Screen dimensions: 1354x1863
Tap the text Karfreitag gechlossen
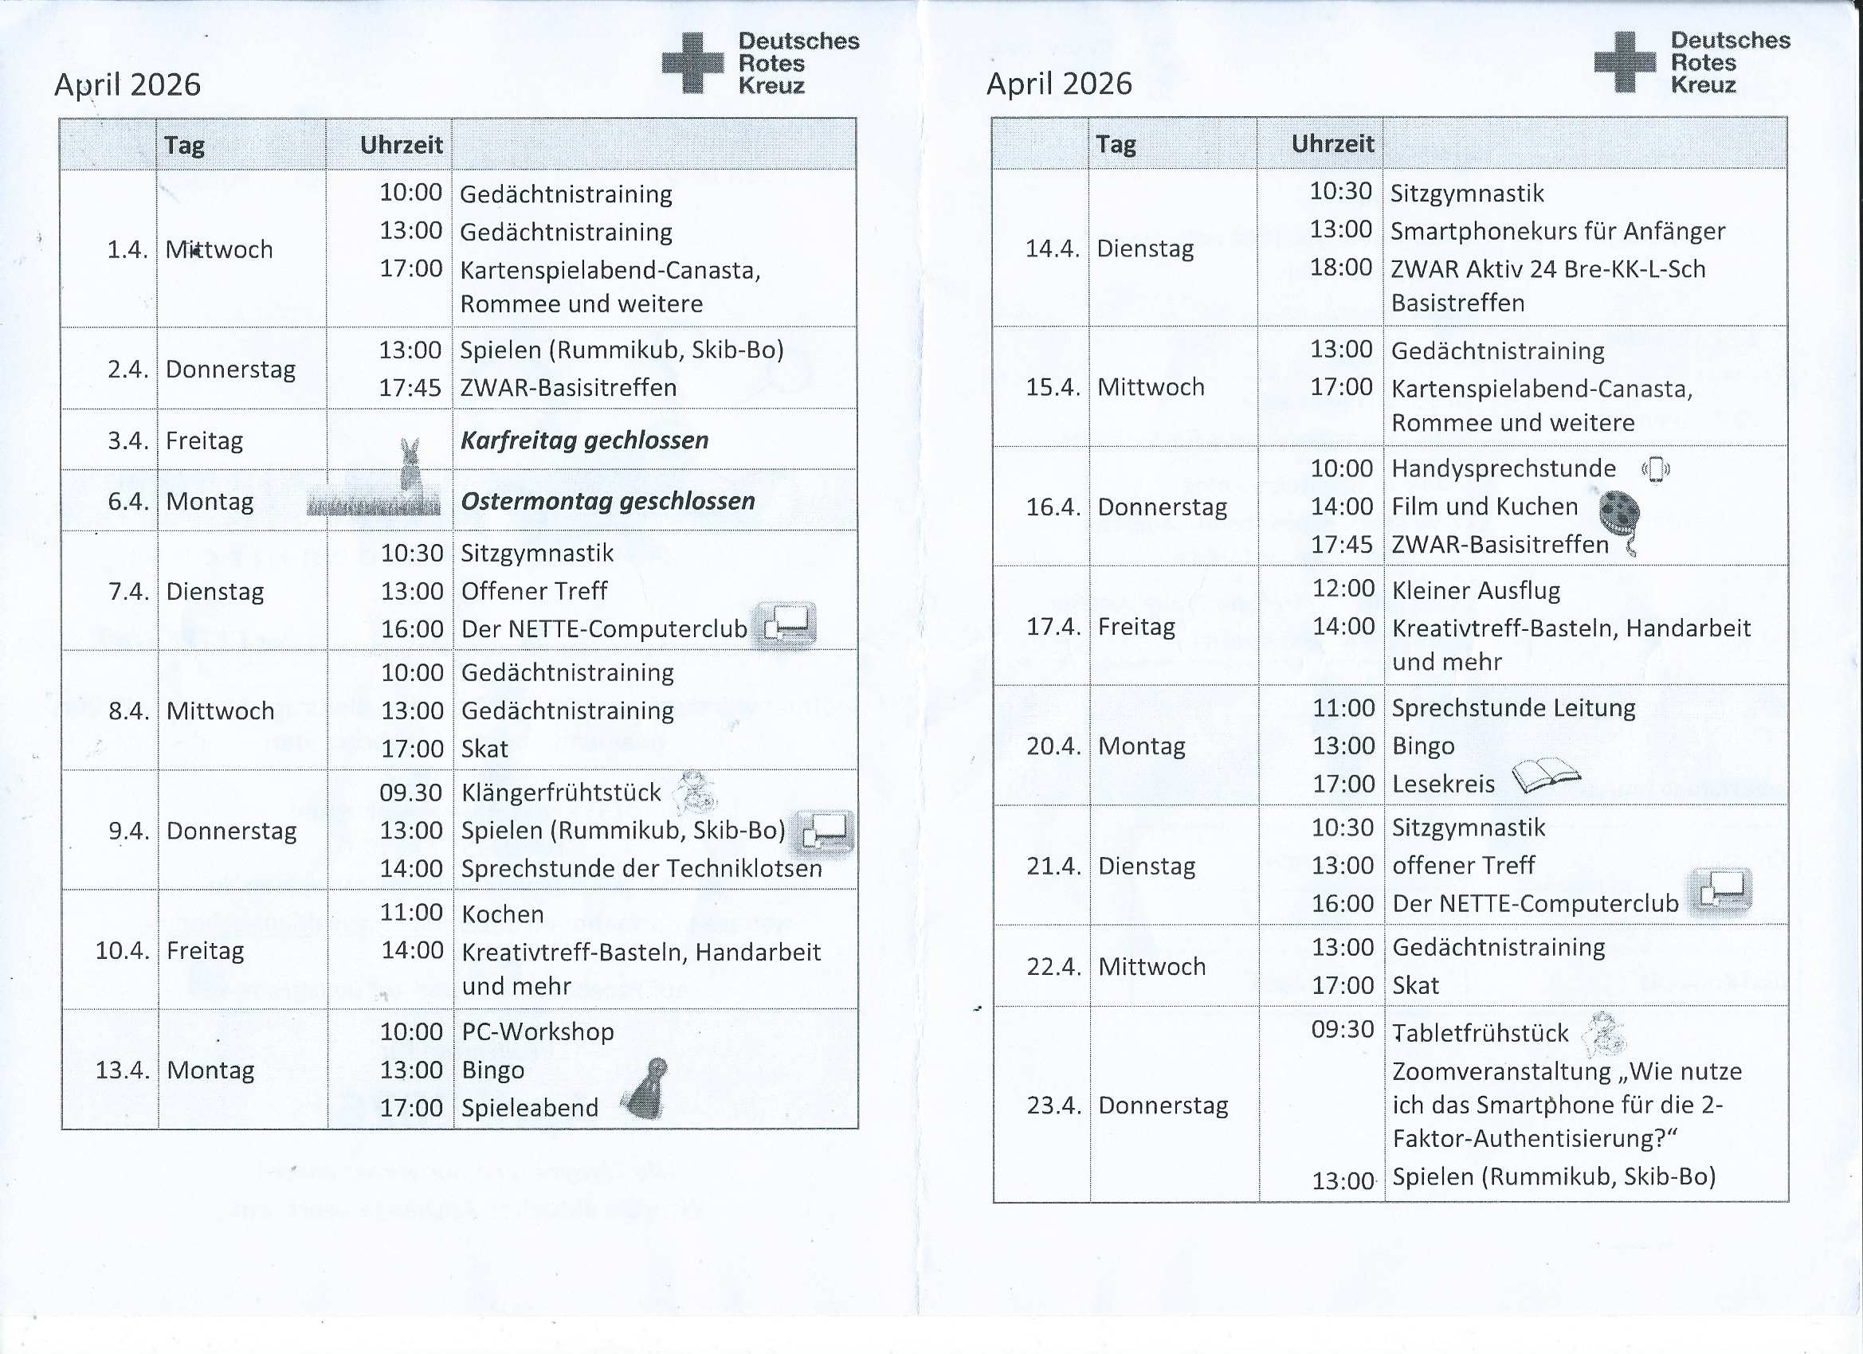tap(584, 440)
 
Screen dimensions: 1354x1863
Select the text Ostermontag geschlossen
tap(607, 501)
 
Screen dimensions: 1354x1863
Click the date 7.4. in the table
tap(129, 591)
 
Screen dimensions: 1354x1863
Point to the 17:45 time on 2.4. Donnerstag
tap(410, 388)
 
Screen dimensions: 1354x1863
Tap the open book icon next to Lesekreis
tap(1545, 775)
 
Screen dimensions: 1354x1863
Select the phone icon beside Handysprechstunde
tap(1655, 470)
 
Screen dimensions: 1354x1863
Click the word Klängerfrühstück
tap(561, 792)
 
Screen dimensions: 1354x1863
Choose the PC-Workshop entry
tap(537, 1031)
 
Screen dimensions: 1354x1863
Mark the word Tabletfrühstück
tap(1481, 1033)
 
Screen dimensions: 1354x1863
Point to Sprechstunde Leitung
tap(1513, 708)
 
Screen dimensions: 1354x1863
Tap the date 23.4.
tap(1053, 1106)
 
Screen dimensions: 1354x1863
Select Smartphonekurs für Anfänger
tap(1558, 232)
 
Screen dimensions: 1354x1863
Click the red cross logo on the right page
tap(1624, 61)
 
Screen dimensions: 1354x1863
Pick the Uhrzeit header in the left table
tap(401, 145)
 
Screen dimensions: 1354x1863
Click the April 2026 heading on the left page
tap(127, 84)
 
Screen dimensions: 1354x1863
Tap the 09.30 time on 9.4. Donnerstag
tap(410, 792)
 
